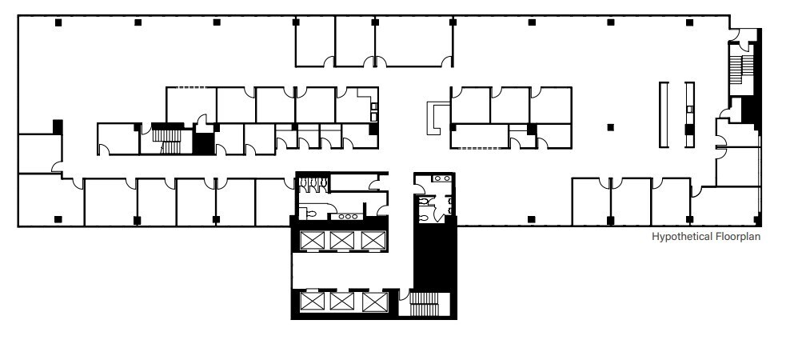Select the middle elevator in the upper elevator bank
tap(341, 240)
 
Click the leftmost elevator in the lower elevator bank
tap(310, 302)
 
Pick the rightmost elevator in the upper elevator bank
tap(372, 240)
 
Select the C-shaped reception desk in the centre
tap(437, 117)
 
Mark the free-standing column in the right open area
tap(611, 126)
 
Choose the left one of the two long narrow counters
tap(663, 114)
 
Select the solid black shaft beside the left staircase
tap(204, 144)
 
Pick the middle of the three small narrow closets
tap(309, 137)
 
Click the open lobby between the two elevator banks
tap(352, 270)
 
